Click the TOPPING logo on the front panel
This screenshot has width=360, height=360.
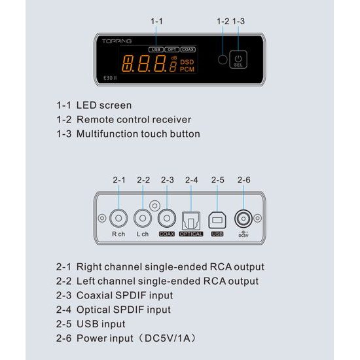coord(117,41)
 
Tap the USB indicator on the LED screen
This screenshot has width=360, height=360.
coord(156,49)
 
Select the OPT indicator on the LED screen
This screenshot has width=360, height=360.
coord(171,49)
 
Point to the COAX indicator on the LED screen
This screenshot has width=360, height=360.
coord(188,49)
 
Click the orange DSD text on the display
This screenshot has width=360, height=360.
coord(187,62)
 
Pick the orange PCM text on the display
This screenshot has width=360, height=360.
coord(187,69)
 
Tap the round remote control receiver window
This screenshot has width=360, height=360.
coord(223,60)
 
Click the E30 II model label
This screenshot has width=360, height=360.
coord(110,78)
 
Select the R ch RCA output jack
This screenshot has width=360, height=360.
coord(118,218)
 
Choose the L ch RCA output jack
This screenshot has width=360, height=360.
coord(143,218)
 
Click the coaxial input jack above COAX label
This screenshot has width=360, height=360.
coord(167,218)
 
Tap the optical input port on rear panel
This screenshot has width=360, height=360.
coord(191,221)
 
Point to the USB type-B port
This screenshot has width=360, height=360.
coord(217,221)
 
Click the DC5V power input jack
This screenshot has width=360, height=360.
coord(243,219)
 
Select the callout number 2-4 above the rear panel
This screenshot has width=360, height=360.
coord(192,180)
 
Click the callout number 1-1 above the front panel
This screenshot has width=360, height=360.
coord(156,22)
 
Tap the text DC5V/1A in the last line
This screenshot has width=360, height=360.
coord(168,338)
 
